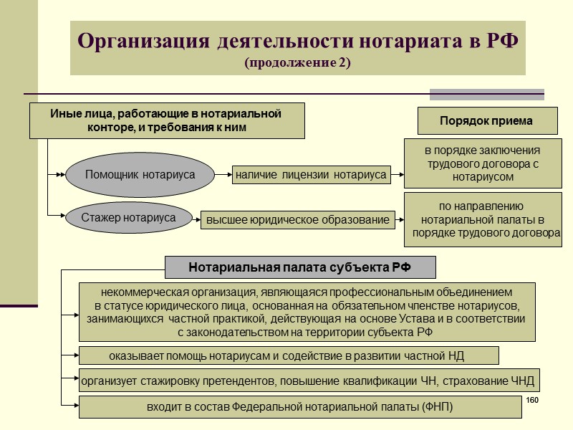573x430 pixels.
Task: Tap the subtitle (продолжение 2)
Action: click(x=297, y=63)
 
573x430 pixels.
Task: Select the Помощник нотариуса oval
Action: click(x=140, y=174)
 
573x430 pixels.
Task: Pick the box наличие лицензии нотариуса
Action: click(x=310, y=174)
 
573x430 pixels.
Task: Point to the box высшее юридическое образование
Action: click(x=298, y=220)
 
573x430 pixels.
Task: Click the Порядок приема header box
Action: click(x=487, y=121)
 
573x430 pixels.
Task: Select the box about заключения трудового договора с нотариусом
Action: click(x=481, y=163)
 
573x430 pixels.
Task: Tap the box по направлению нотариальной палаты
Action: click(x=484, y=219)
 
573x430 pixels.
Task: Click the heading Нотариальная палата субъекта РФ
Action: click(x=300, y=268)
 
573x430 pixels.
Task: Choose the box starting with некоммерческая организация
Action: click(x=307, y=312)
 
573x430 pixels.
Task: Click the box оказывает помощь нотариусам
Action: click(x=288, y=355)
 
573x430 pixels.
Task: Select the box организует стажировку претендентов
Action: click(x=307, y=380)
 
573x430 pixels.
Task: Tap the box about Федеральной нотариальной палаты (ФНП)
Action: click(x=299, y=407)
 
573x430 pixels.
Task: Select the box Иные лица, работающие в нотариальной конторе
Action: click(x=167, y=120)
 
